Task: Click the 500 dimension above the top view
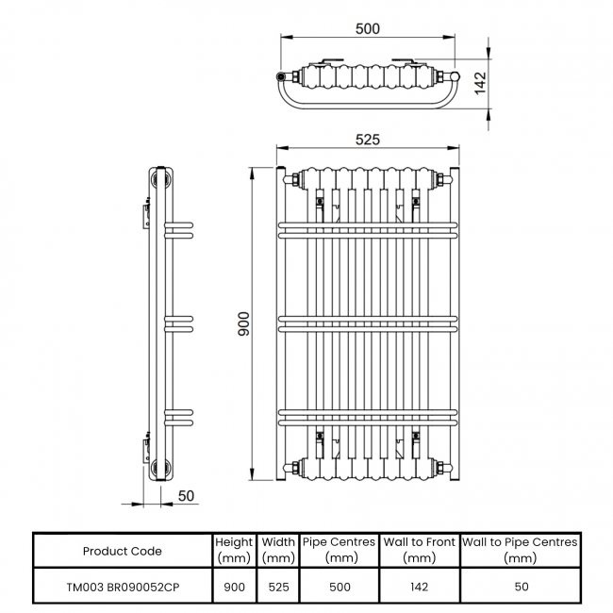[367, 28]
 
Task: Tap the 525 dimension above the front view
[367, 140]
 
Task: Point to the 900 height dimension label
[245, 323]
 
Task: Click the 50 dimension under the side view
[186, 496]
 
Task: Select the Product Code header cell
[122, 551]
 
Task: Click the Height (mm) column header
[234, 550]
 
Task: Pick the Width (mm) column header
[277, 550]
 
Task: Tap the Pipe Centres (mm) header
[340, 550]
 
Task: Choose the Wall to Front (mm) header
[419, 550]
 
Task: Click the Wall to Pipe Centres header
[520, 550]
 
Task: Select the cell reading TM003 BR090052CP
[122, 587]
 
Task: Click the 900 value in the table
[234, 587]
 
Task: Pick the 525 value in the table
[277, 587]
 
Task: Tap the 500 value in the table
[340, 587]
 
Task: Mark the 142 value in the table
[419, 587]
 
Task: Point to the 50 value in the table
[520, 587]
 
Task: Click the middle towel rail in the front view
[367, 323]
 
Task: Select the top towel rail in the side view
[179, 230]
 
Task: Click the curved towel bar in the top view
[368, 103]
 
